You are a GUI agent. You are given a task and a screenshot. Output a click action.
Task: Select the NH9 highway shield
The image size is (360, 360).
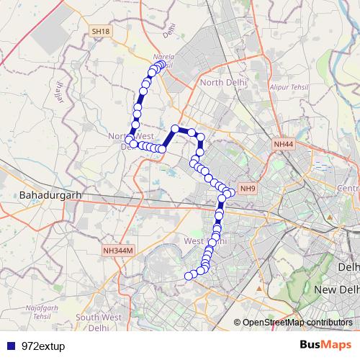[x=248, y=189]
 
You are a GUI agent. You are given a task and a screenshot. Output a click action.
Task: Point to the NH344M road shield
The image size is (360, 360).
[x=116, y=251]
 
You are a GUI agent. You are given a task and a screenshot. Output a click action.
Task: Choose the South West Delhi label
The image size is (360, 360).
[x=99, y=322]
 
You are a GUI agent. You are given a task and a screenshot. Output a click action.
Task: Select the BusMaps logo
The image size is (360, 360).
[x=326, y=345]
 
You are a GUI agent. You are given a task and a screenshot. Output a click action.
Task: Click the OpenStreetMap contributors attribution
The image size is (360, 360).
[x=297, y=323]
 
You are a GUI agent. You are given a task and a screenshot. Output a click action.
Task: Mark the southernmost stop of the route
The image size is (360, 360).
[x=190, y=276]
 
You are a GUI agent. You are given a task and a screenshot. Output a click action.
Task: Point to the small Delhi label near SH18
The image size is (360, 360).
[x=169, y=31]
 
